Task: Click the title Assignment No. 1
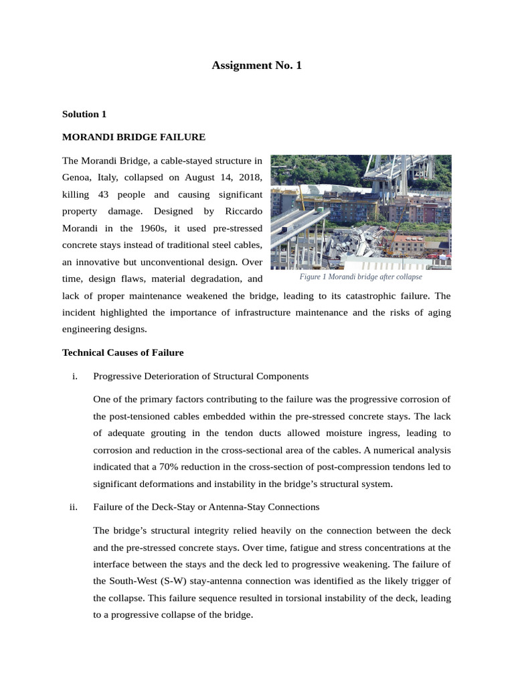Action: tap(256, 66)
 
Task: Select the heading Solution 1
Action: tap(84, 115)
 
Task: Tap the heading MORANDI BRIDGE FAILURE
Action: tap(133, 137)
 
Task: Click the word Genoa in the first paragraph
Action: tap(76, 178)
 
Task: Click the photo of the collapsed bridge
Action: tap(361, 212)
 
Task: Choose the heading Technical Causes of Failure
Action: tap(122, 352)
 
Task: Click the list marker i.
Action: tap(74, 376)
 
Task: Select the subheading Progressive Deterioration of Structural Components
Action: tap(201, 376)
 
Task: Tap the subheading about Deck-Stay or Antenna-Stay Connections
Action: tap(206, 506)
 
